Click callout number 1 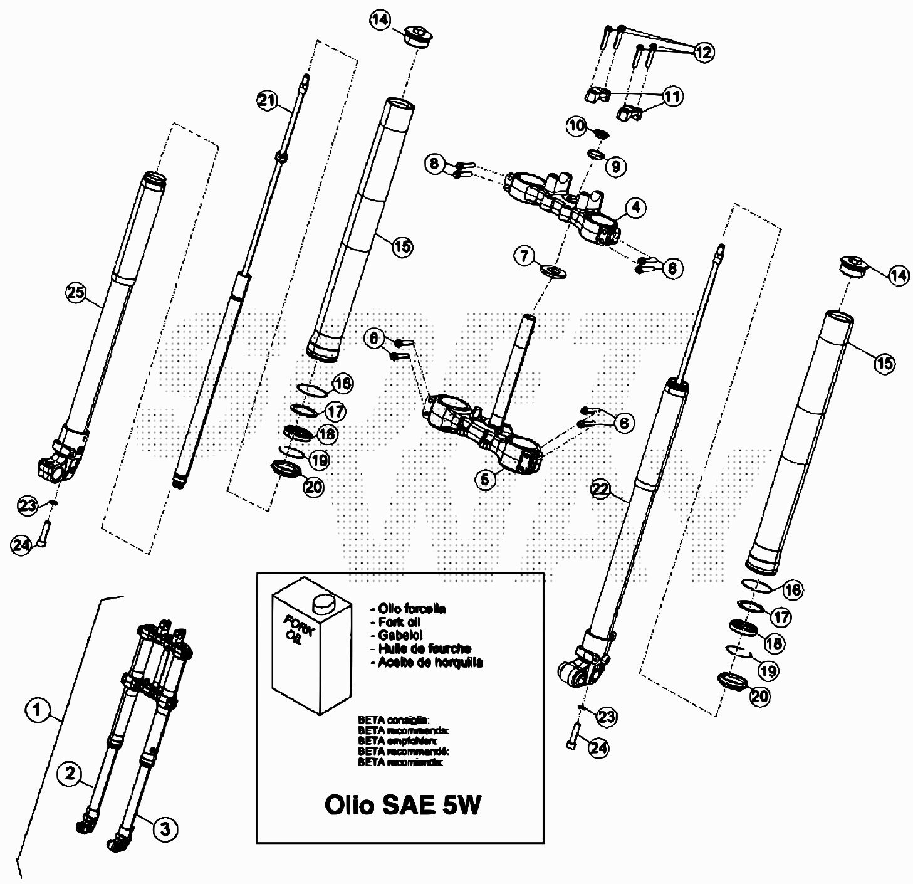click(x=37, y=710)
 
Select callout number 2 click(x=70, y=772)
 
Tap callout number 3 click(x=164, y=829)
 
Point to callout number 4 click(x=636, y=207)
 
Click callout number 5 click(x=486, y=480)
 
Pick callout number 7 click(x=525, y=255)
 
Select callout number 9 click(x=615, y=166)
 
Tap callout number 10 click(x=576, y=125)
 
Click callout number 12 click(x=703, y=52)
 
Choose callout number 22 click(x=600, y=490)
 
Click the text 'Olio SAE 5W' click(x=402, y=804)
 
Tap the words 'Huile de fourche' click(x=424, y=649)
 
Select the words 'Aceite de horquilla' click(x=430, y=662)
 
